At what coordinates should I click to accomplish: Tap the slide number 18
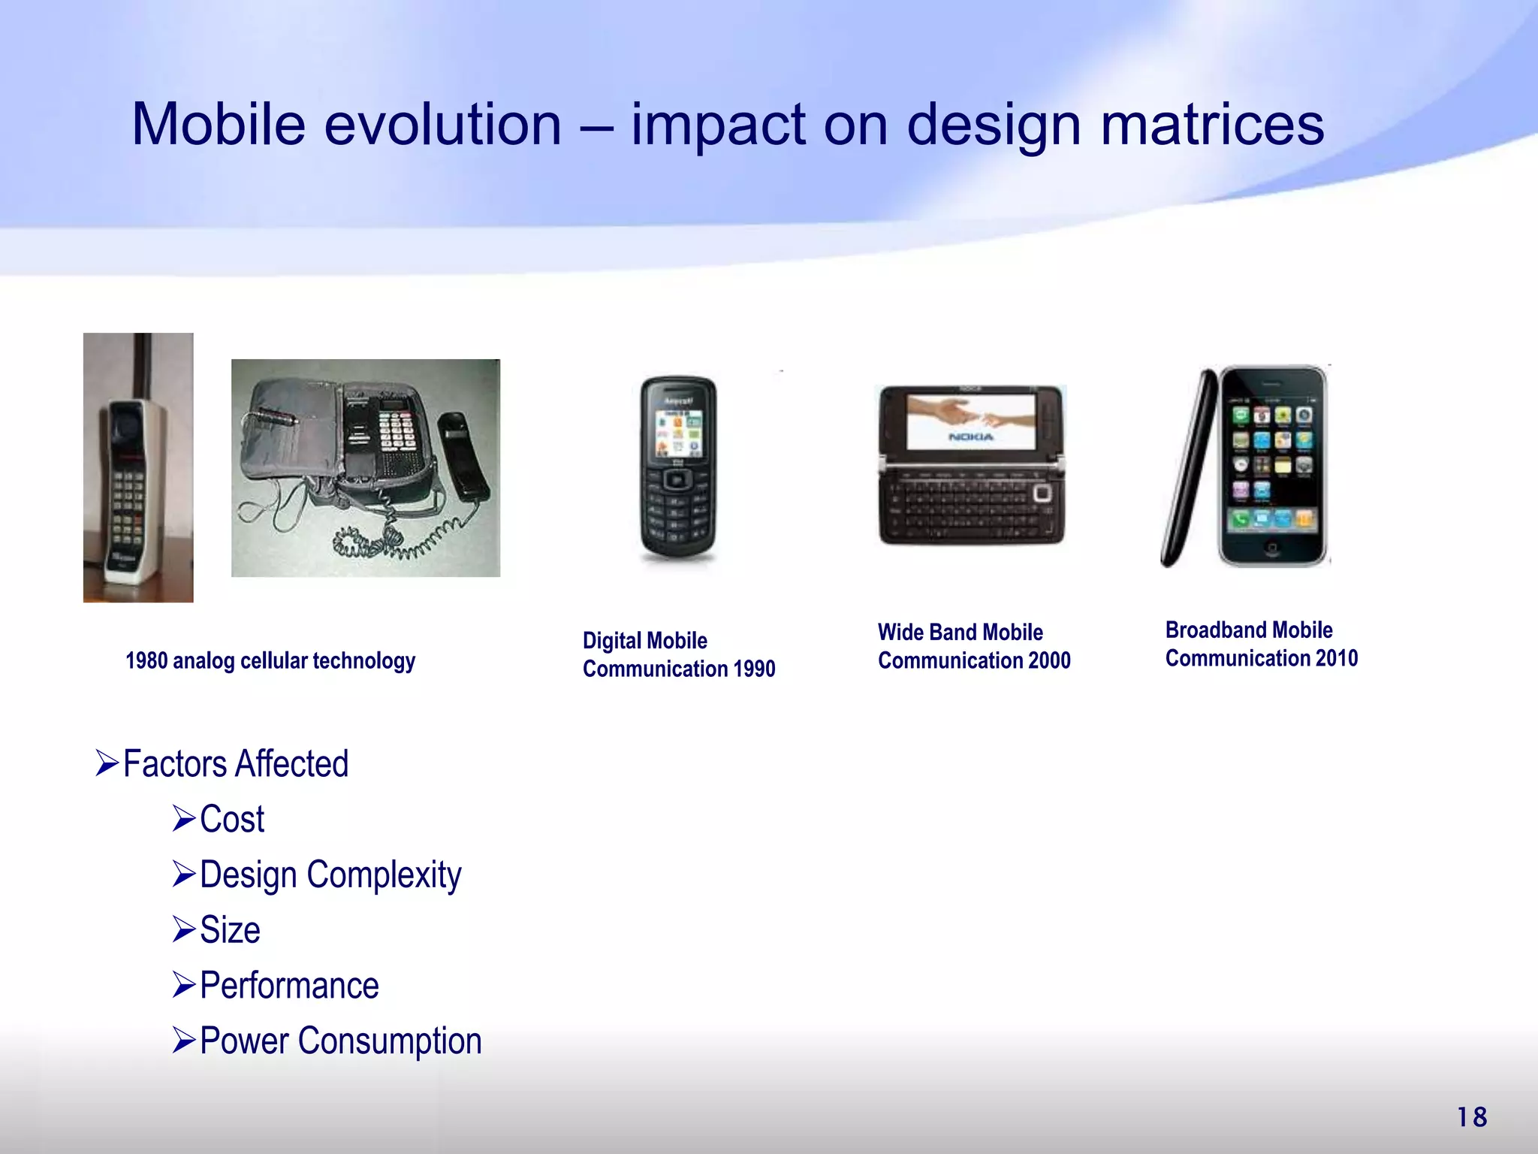(x=1472, y=1117)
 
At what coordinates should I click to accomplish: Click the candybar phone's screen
(x=679, y=434)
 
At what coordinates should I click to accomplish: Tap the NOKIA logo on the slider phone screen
(x=970, y=437)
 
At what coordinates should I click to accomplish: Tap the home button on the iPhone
(x=1271, y=548)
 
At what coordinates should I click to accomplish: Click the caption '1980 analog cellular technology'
(x=270, y=660)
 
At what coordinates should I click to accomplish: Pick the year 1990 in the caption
(x=754, y=669)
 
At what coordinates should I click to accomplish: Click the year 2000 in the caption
(x=1049, y=660)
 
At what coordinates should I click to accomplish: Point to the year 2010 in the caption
(x=1336, y=658)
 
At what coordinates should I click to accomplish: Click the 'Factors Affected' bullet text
(x=235, y=763)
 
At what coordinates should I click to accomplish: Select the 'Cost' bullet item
(x=232, y=819)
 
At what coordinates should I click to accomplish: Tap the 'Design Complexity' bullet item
(x=330, y=875)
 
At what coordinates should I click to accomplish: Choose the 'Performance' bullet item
(x=289, y=986)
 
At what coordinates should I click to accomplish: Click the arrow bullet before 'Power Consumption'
(x=183, y=1041)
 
